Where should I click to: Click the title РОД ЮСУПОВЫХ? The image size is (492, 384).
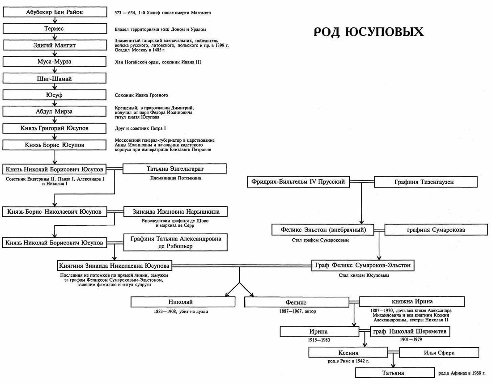click(x=368, y=32)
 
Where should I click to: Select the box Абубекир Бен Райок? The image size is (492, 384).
click(x=54, y=13)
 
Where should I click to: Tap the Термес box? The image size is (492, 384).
click(x=54, y=29)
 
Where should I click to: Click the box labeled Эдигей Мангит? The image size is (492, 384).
click(x=54, y=45)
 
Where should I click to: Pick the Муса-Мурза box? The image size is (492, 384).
click(x=54, y=62)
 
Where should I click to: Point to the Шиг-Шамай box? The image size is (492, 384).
click(x=54, y=78)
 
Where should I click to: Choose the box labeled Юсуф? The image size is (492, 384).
click(x=54, y=95)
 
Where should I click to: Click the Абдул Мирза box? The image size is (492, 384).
click(x=54, y=111)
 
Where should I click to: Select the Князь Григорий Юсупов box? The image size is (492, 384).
click(x=54, y=128)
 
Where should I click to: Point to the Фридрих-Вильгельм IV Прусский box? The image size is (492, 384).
click(x=298, y=182)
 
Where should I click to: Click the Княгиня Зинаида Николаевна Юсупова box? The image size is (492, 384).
click(x=115, y=265)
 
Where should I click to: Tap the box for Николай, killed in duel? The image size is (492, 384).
click(x=183, y=302)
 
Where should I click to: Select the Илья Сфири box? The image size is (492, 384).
click(x=433, y=353)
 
